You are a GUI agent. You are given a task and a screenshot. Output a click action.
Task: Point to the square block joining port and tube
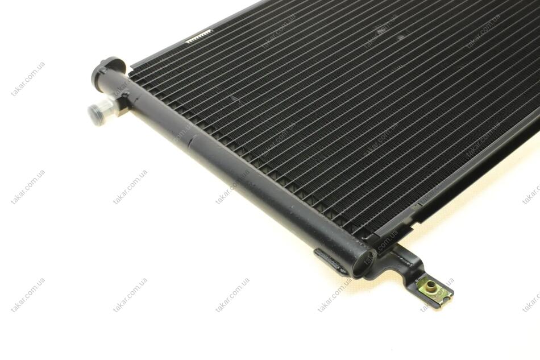pyautogui.click(x=122, y=105)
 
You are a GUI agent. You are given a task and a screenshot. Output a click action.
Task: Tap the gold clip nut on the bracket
pyautogui.click(x=435, y=293)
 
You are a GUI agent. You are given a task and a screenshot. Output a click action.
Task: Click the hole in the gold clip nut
pyautogui.click(x=429, y=286)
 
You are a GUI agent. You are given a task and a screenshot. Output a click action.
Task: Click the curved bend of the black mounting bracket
pyautogui.click(x=414, y=264)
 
